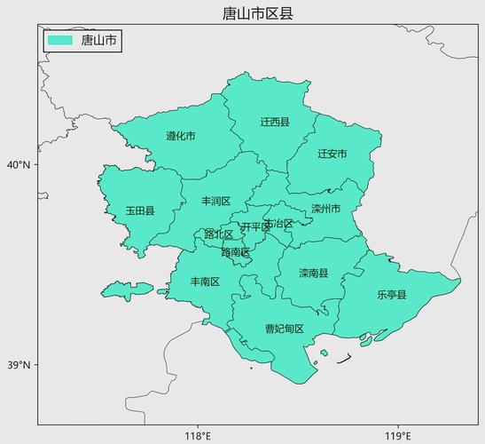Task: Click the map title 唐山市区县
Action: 258,12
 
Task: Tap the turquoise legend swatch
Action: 60,40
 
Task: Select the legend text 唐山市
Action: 98,40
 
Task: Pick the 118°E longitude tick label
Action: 197,435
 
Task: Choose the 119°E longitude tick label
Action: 397,435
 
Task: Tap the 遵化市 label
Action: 181,137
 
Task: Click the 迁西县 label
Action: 275,122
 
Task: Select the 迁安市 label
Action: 332,154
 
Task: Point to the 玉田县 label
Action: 140,211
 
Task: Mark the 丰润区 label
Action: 215,202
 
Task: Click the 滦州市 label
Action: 325,210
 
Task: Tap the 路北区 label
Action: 218,234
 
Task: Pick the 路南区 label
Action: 235,252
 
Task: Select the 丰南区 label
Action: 205,281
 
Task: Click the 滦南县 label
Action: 313,274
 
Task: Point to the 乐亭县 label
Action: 391,295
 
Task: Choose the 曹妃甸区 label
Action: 285,329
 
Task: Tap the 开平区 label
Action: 254,227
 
